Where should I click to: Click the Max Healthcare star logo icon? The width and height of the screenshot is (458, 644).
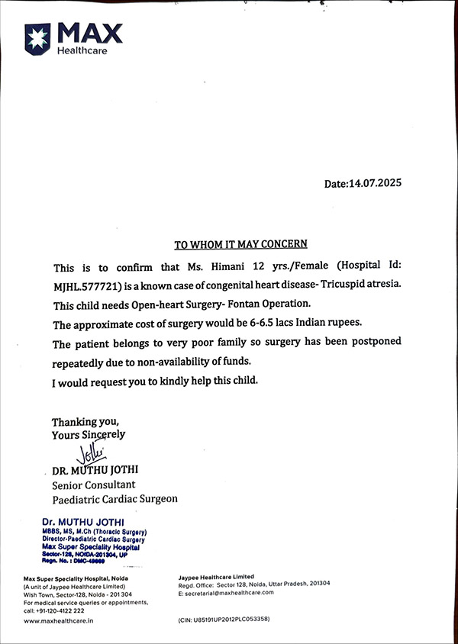37,37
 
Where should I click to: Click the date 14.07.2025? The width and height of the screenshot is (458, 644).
375,183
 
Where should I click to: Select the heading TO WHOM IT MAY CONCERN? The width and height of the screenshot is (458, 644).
240,244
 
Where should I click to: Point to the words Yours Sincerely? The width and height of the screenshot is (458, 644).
89,434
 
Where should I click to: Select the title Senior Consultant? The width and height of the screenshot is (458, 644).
93,485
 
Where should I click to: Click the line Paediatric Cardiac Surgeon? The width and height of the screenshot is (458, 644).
114,499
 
